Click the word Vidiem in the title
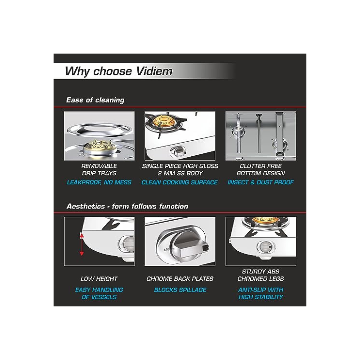154,71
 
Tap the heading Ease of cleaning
95,100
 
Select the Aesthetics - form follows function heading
127,206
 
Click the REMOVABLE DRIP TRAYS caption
99,169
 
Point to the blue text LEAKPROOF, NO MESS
99,182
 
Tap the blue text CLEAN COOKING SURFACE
180,182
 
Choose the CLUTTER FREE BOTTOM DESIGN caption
261,169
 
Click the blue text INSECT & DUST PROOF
261,182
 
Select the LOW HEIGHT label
99,279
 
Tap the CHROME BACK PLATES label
180,279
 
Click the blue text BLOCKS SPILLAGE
180,290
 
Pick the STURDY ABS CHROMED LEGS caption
261,275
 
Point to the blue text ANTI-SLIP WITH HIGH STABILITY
261,293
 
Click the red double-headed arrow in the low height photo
82,244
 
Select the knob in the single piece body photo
178,152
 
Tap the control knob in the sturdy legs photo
265,247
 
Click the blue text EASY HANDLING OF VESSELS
99,293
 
